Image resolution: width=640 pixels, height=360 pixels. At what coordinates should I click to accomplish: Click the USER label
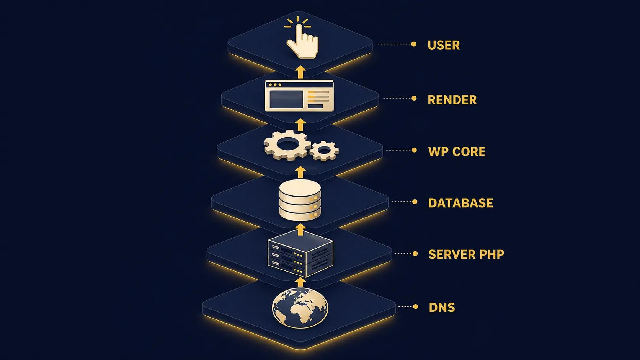click(x=443, y=45)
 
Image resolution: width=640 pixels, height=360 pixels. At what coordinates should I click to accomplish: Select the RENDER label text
click(x=452, y=99)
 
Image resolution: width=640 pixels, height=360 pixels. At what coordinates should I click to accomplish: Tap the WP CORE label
click(x=457, y=151)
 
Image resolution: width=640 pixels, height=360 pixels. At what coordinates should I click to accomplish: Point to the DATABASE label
click(x=460, y=203)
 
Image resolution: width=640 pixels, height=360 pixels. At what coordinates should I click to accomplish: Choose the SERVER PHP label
click(x=466, y=254)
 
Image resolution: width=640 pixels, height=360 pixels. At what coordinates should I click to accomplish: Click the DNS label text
click(x=442, y=307)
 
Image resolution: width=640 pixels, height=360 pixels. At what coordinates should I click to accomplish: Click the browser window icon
click(x=299, y=95)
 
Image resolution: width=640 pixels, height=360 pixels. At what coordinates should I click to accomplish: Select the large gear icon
click(x=287, y=145)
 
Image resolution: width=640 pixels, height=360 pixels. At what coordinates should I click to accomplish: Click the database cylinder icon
click(x=300, y=200)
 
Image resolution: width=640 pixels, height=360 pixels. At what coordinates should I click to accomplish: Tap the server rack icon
click(x=300, y=254)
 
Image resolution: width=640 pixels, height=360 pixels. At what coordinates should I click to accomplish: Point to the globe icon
click(x=300, y=308)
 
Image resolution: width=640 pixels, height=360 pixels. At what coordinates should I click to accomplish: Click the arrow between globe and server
click(x=300, y=282)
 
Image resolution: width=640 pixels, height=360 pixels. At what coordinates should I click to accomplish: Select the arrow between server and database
click(x=300, y=230)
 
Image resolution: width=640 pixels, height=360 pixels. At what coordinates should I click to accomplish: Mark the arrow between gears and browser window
click(x=300, y=125)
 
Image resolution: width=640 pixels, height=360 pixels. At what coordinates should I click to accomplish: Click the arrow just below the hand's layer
click(x=300, y=72)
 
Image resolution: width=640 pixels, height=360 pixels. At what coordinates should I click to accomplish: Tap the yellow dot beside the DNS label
click(x=415, y=306)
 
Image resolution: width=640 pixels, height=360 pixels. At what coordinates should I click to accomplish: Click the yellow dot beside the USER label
click(x=413, y=44)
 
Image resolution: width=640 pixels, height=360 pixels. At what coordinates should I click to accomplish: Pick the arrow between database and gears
click(x=300, y=172)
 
